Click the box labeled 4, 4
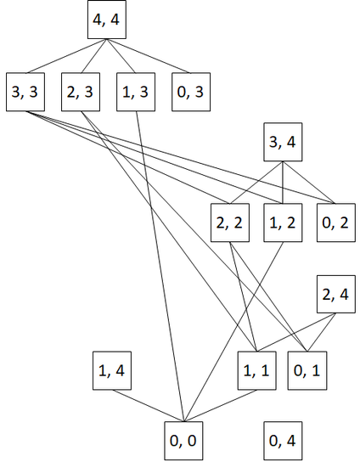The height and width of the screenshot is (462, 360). coord(107,20)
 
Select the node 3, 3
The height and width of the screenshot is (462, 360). coord(25,92)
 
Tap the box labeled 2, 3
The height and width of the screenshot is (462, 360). coord(81,92)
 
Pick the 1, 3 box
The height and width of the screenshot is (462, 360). coord(136,92)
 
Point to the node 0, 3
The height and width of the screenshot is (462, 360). coord(191,92)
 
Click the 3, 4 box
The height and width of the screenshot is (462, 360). coord(283,142)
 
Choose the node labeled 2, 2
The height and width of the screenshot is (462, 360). coord(230,223)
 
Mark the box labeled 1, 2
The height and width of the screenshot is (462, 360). coord(283,223)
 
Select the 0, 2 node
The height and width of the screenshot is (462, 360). coord(336,223)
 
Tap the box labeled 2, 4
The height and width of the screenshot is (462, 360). coord(336,294)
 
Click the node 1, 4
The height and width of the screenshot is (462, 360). coord(112,370)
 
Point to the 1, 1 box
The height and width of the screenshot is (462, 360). coord(257,370)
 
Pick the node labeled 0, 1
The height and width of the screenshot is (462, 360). coord(307,370)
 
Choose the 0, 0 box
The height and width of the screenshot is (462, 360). coord(183,441)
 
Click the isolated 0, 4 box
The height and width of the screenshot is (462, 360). coord(283,441)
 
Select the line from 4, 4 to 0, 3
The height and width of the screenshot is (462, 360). coord(149,56)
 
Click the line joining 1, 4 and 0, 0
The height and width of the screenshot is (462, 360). coord(148,406)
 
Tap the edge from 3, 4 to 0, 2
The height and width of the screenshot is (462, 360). coord(309,183)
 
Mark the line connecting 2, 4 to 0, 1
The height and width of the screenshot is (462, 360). coord(321,332)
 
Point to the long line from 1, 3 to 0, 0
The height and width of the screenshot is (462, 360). coord(160,267)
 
